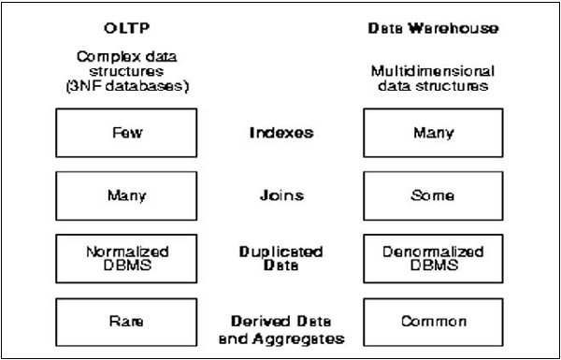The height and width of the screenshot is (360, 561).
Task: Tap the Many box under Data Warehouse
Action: click(x=432, y=133)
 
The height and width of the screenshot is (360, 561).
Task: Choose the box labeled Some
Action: click(x=432, y=195)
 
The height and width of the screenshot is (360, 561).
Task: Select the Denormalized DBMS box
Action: click(x=432, y=259)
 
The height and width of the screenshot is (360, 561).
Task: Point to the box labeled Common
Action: click(x=432, y=322)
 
